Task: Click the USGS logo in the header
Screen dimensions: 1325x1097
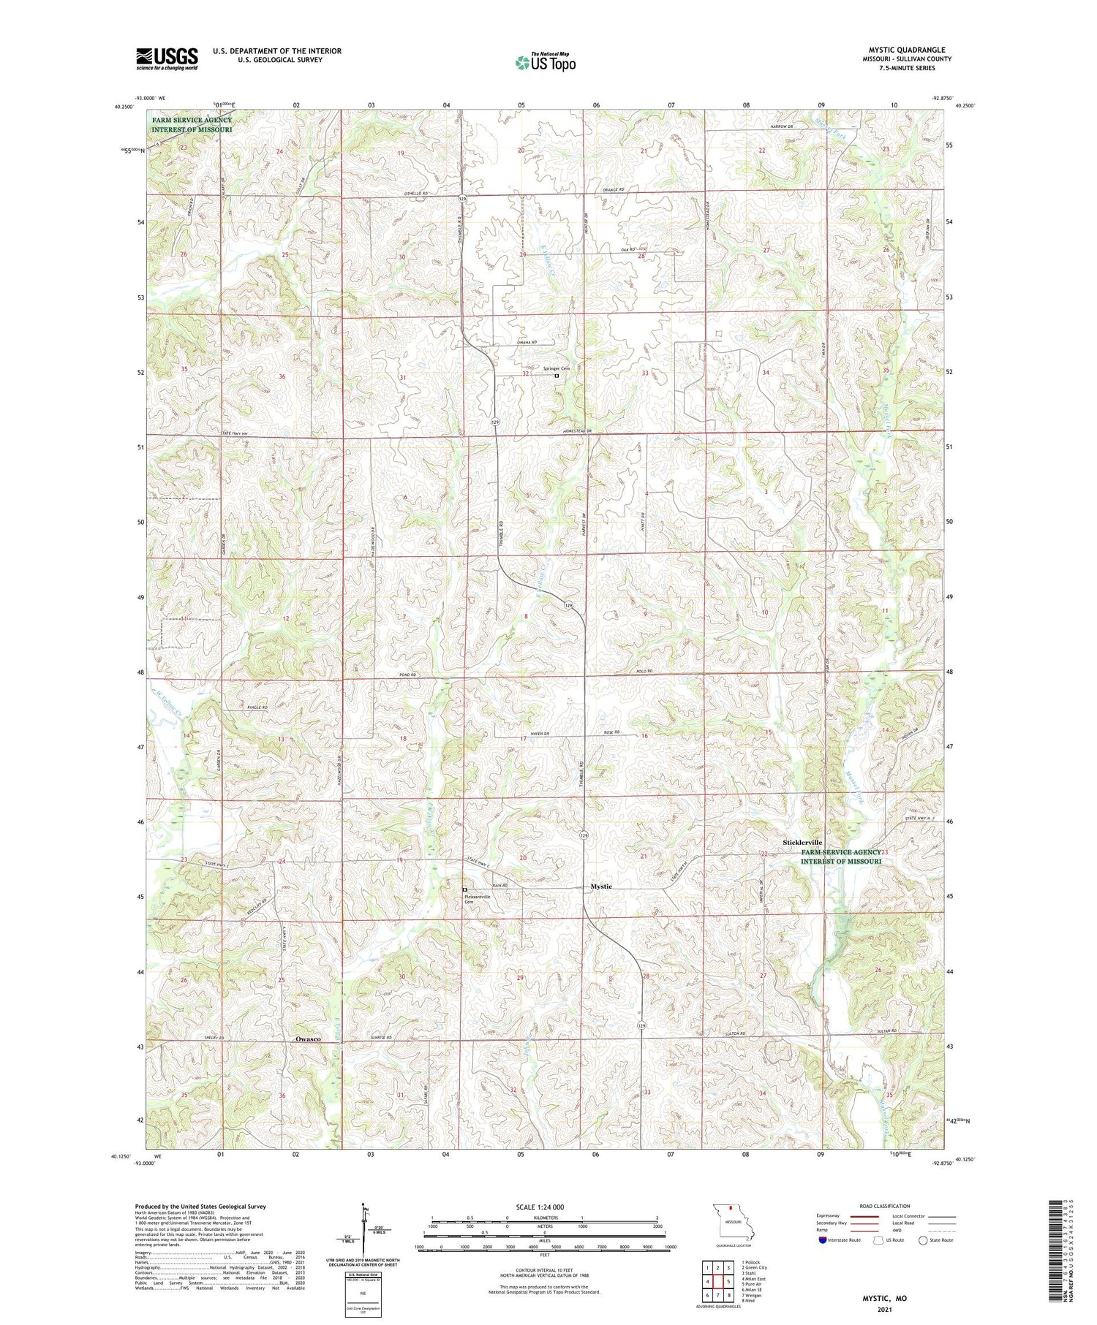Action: click(x=167, y=58)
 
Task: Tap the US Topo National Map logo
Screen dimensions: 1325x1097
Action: click(x=545, y=62)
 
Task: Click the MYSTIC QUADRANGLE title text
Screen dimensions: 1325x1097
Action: click(x=906, y=50)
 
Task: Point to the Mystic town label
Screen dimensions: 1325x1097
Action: click(x=601, y=887)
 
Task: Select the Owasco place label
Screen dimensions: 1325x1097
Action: click(x=308, y=1039)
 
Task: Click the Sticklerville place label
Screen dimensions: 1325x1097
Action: click(x=802, y=843)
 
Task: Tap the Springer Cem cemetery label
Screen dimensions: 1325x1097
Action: click(x=556, y=368)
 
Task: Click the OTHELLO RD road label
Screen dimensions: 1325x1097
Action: click(x=415, y=194)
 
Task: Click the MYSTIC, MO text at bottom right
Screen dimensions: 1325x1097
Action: click(x=885, y=1298)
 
